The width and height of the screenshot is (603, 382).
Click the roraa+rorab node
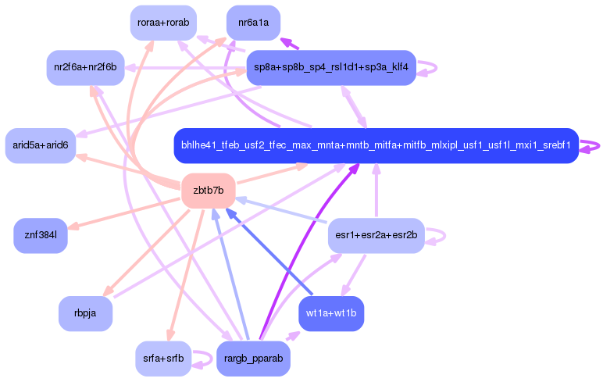(x=163, y=23)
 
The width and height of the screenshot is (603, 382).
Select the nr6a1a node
(x=253, y=23)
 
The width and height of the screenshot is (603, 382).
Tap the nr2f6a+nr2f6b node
(x=84, y=67)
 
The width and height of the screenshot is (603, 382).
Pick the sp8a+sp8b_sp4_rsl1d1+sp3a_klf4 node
(x=330, y=67)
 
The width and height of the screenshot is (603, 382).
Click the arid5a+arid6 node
(x=41, y=145)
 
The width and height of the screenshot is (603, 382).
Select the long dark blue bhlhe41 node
(x=376, y=145)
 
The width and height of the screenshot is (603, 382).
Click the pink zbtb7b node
(x=208, y=191)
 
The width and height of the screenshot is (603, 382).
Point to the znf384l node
(x=41, y=235)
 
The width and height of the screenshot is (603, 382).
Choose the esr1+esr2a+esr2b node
(x=376, y=235)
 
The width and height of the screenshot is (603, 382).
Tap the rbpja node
(x=85, y=313)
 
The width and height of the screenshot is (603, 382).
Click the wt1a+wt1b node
(x=331, y=313)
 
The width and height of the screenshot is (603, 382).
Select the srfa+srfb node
(x=163, y=359)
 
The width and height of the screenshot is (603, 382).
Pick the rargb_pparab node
(x=253, y=359)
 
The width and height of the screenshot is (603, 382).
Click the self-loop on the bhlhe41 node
(x=592, y=145)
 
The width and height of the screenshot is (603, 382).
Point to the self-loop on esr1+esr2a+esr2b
(x=438, y=235)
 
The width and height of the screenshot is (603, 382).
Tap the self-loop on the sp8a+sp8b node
(x=428, y=67)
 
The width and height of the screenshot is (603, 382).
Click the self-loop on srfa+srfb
(x=205, y=359)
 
